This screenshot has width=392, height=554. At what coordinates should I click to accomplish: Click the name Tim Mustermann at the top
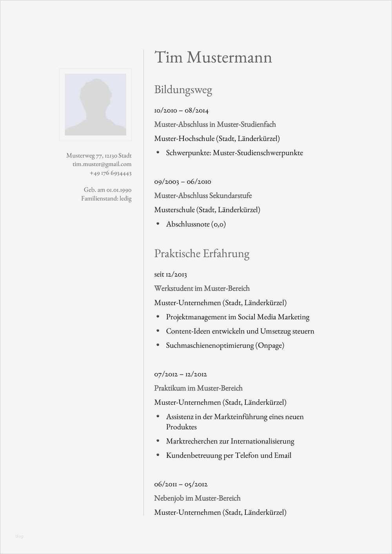213,58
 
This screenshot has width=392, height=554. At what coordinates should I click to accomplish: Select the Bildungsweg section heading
183,90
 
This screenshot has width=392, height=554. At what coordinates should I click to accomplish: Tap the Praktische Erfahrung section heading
201,253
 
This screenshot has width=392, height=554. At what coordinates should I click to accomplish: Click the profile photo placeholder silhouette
95,105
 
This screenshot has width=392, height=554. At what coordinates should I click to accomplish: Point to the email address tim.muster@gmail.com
102,164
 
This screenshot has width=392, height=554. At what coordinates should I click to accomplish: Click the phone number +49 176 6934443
111,173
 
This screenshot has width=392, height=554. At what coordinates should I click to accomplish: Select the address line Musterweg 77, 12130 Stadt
99,156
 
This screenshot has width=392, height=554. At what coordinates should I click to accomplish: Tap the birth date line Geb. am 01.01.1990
107,190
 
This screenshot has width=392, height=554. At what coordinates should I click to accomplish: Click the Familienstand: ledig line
106,199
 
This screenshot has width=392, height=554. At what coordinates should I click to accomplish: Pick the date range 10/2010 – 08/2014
181,110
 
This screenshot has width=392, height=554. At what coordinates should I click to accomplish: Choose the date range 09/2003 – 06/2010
182,181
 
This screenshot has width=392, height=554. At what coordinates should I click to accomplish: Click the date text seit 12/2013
171,274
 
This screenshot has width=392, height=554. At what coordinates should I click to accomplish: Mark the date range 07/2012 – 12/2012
180,374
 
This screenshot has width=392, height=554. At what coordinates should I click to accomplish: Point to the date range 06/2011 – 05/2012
180,484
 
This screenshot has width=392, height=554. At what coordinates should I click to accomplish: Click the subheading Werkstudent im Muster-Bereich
201,288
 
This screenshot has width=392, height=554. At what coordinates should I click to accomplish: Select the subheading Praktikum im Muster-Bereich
198,388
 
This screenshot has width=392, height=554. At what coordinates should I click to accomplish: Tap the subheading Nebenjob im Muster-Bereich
197,498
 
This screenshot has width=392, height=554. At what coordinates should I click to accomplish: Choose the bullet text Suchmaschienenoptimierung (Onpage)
225,346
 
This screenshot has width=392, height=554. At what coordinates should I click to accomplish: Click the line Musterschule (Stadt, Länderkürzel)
207,210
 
